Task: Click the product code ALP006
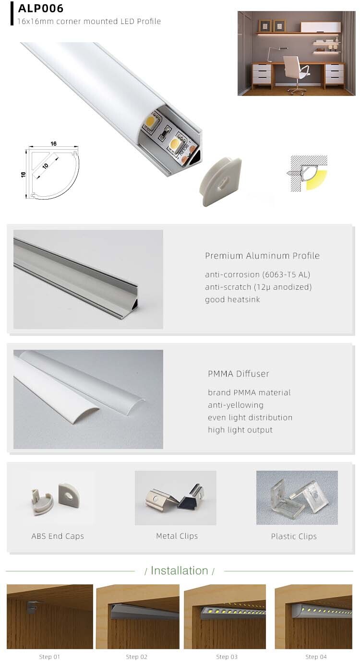click(x=41, y=9)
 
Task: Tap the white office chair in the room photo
click(x=295, y=72)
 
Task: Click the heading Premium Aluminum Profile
click(x=262, y=256)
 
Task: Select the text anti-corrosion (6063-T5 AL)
click(x=257, y=275)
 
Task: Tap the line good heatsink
click(x=232, y=300)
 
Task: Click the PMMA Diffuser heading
click(x=239, y=374)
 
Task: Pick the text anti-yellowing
click(x=236, y=405)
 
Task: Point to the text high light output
click(x=240, y=430)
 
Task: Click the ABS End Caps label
click(x=58, y=536)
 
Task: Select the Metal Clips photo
click(x=176, y=498)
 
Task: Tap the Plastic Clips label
click(x=294, y=536)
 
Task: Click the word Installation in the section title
click(x=179, y=570)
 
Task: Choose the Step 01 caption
click(x=49, y=657)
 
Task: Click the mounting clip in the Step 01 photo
click(x=32, y=607)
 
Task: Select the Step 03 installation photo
click(x=225, y=617)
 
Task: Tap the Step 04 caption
click(x=316, y=657)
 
